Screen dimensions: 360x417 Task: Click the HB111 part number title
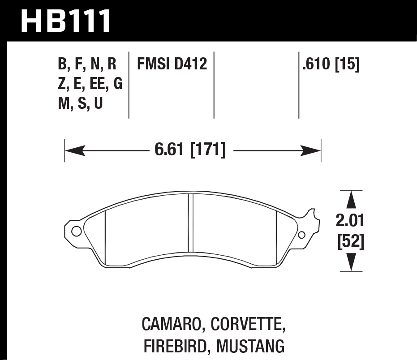tap(66, 21)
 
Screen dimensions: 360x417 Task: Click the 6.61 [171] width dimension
tap(190, 150)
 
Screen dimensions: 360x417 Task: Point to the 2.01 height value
tap(350, 220)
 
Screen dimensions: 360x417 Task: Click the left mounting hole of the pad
tap(76, 231)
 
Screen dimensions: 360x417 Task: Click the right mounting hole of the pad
tap(301, 235)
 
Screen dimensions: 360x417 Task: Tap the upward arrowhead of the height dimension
tap(351, 198)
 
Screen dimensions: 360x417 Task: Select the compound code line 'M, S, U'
tap(81, 104)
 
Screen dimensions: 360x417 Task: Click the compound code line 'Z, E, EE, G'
tap(90, 85)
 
